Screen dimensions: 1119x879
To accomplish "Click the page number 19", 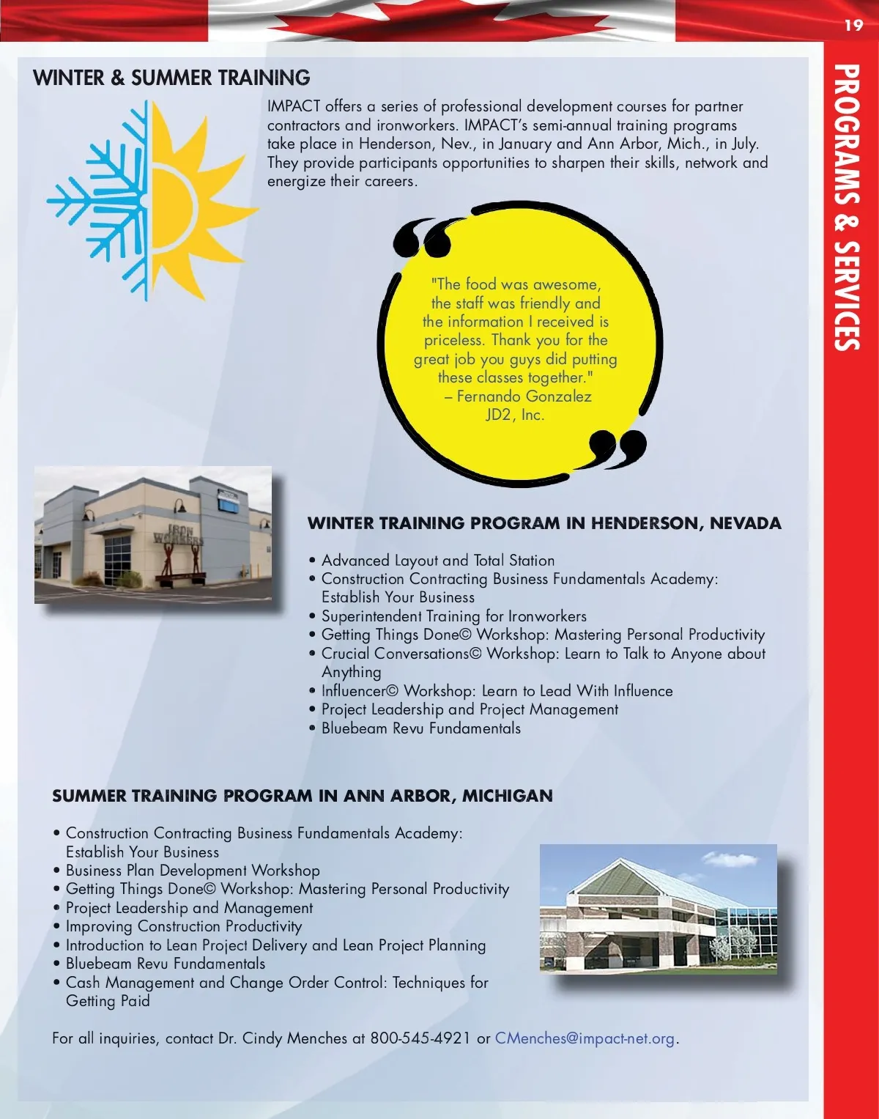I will click(853, 26).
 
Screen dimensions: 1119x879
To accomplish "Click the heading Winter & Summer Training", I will click(171, 78).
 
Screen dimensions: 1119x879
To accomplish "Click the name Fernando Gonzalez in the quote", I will click(524, 396).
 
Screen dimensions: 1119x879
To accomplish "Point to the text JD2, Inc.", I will click(515, 415).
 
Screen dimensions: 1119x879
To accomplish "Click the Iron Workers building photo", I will click(152, 534).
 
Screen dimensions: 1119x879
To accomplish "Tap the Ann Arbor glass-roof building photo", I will click(658, 909).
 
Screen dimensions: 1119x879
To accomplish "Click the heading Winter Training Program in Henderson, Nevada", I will click(544, 523).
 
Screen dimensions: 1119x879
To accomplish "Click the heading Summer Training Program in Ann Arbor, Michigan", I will click(302, 796).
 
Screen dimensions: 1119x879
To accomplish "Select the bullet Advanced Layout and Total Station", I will click(438, 561).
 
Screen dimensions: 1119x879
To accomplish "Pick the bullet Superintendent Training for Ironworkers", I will click(453, 616).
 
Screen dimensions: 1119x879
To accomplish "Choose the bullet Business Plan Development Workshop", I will click(193, 871).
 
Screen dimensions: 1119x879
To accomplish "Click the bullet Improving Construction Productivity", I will click(183, 926).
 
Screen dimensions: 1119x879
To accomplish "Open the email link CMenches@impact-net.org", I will click(585, 1038).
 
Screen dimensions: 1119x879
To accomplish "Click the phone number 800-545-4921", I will click(420, 1038).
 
